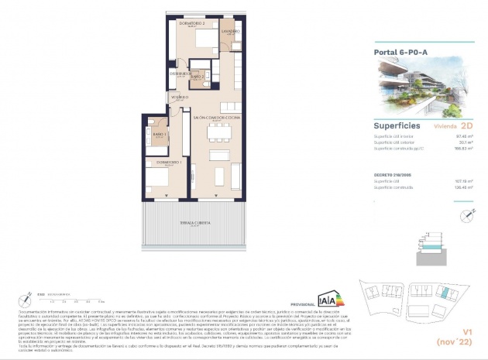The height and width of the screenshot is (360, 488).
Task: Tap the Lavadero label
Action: [231, 32]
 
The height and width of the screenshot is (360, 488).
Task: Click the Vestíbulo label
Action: [180, 98]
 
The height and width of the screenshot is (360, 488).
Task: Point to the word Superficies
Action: [397, 125]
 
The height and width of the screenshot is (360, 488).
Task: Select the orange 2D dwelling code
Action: [466, 125]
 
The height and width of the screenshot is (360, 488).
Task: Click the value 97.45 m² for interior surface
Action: [462, 136]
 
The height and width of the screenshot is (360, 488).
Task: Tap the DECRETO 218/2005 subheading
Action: [394, 176]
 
